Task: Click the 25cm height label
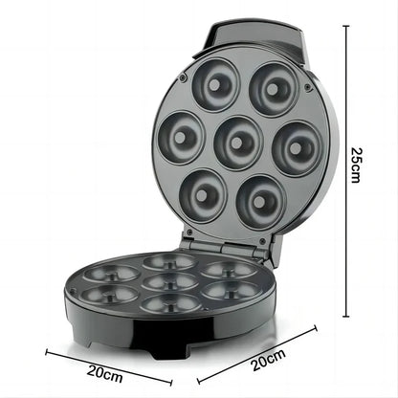pyautogui.click(x=355, y=165)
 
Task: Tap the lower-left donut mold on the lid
pyautogui.click(x=201, y=191)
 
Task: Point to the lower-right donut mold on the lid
pyautogui.click(x=259, y=194)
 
